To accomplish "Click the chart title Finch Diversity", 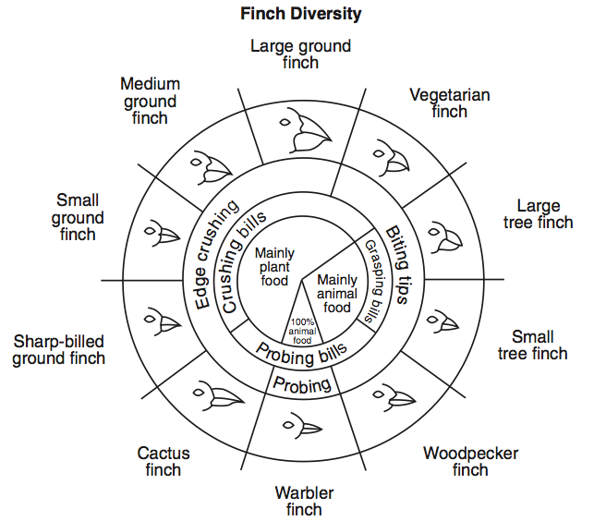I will coord(300,14).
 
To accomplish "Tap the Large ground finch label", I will coord(300,54).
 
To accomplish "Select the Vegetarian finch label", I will coord(450,103).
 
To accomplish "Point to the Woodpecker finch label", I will coord(470,461).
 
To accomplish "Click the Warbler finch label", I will coord(304,500).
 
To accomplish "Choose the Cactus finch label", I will coord(164,461).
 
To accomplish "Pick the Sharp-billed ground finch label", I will coord(59,349).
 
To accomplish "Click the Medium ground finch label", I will coord(150,101).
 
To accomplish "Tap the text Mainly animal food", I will coord(338,294).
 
